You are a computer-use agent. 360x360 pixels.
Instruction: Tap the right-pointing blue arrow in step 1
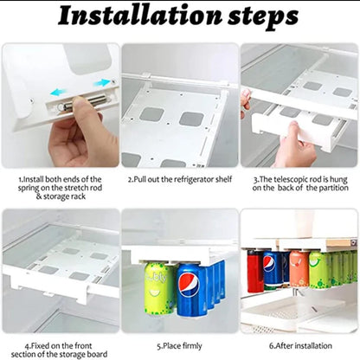click(103, 82)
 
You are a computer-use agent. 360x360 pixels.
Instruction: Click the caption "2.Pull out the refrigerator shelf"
click(179, 180)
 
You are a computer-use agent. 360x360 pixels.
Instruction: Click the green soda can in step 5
click(159, 290)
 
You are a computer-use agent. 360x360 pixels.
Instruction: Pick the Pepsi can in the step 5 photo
click(190, 293)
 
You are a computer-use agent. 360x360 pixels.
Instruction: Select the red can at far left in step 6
click(255, 271)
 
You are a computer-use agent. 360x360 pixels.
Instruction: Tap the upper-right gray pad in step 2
click(191, 118)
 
